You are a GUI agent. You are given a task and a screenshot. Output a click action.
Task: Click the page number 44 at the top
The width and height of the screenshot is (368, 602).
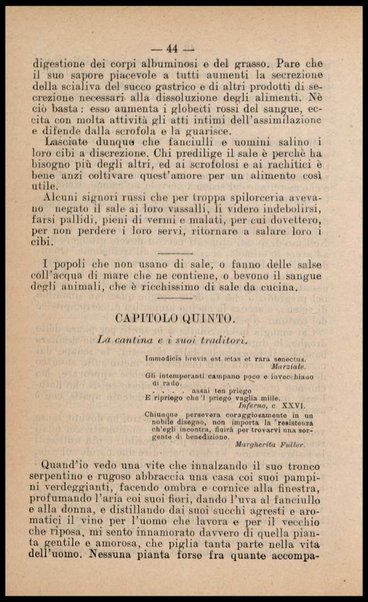185,47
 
